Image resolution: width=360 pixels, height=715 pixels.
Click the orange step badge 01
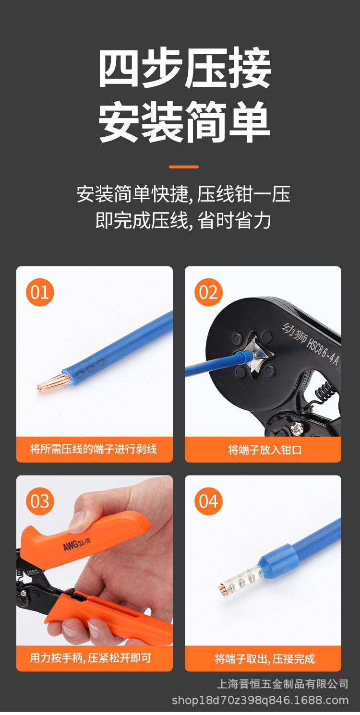[x=40, y=292]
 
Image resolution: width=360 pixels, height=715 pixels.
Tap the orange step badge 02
[x=208, y=292]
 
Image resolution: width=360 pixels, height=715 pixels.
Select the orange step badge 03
[x=40, y=501]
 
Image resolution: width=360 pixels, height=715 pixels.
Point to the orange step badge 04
[x=208, y=501]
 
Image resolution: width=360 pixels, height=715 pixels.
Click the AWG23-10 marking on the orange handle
[x=77, y=545]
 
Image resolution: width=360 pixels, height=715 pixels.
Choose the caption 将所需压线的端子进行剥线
[x=94, y=449]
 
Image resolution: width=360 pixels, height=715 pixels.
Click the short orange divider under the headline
[x=183, y=167]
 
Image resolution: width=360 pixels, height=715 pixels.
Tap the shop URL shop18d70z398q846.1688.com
[x=260, y=701]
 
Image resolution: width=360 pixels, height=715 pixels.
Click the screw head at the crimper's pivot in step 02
[x=297, y=428]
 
